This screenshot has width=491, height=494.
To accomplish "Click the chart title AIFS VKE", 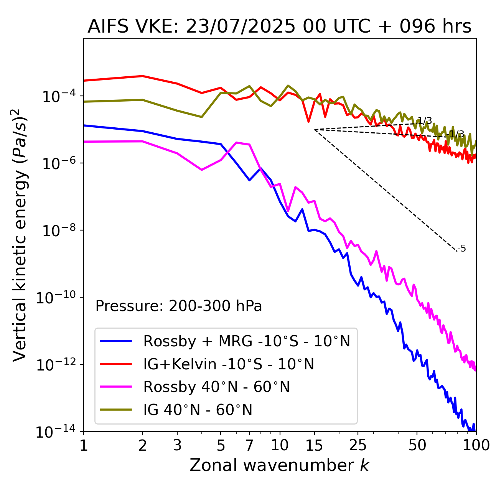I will [279, 27].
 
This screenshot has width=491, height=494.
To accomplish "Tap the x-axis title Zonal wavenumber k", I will [279, 465].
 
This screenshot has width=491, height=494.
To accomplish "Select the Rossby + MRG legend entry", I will [247, 341].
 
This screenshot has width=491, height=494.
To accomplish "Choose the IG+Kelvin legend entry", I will [229, 364].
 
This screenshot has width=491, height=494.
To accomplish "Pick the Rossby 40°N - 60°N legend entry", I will [216, 387].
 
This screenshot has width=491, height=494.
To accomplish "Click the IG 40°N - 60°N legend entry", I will [198, 410].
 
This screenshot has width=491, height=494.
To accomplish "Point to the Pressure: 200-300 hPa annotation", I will [178, 306].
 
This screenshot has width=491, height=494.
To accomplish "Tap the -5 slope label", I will [462, 249].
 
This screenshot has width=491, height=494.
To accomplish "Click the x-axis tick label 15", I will [315, 445].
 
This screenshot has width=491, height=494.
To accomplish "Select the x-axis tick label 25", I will [358, 445].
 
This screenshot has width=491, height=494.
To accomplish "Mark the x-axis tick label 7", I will [249, 445].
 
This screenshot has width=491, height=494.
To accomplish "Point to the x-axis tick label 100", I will [476, 445].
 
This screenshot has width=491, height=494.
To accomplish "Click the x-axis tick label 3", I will [177, 445].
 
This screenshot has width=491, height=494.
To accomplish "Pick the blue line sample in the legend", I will [116, 341].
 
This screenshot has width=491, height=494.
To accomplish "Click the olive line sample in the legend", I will [116, 410].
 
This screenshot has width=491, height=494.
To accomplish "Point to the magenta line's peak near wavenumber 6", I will [236, 143].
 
